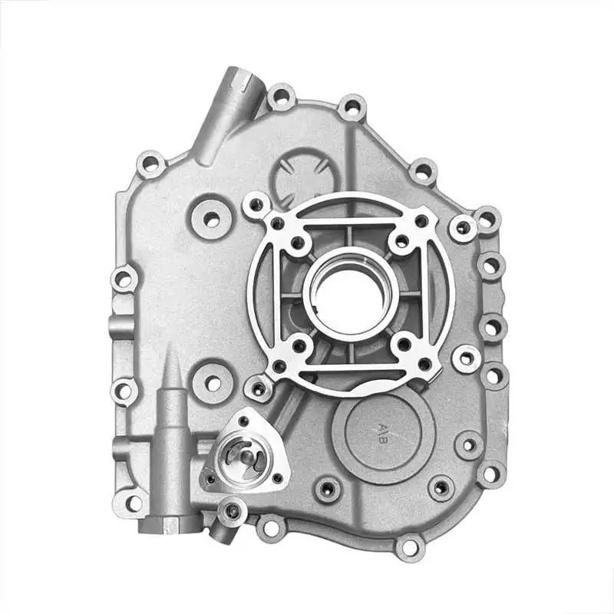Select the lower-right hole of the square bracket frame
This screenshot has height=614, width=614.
[x=403, y=343]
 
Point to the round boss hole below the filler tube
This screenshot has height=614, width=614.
[x=210, y=217]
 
